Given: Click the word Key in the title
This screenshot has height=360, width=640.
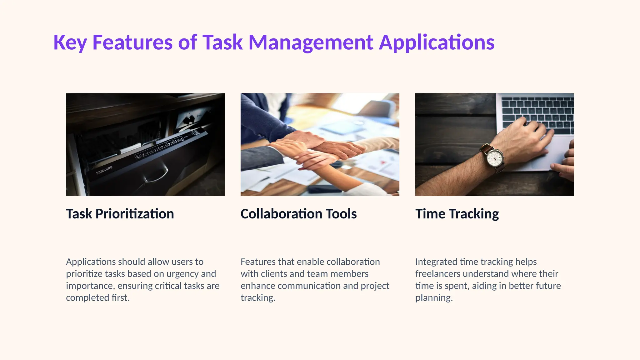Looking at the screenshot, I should (x=70, y=42).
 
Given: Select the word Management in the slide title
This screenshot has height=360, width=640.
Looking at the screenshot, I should (x=311, y=42).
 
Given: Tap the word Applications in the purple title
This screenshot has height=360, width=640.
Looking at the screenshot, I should (x=437, y=42).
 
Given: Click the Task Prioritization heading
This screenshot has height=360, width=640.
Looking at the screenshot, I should (x=120, y=214).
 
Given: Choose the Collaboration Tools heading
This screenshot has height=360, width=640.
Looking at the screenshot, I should (x=298, y=214).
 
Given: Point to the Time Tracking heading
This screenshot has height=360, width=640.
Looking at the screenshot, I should (x=457, y=214).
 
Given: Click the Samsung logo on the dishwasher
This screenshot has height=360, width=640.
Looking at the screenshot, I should (x=104, y=170).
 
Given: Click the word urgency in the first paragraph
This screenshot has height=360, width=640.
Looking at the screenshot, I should (x=182, y=274).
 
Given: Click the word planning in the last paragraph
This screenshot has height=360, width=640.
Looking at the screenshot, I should (x=434, y=298).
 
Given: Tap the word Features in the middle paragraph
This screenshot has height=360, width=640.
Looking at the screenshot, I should (x=256, y=262).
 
